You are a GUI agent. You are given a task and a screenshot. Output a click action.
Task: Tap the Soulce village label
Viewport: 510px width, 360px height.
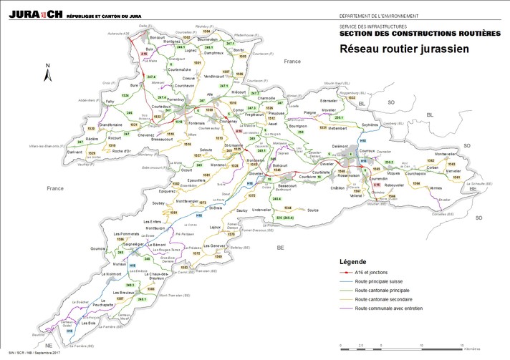[x=312, y=210]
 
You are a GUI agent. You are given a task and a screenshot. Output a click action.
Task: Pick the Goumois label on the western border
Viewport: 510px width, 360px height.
[x=99, y=248]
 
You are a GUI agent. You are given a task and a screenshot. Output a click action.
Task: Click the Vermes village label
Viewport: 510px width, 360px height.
[x=436, y=188]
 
